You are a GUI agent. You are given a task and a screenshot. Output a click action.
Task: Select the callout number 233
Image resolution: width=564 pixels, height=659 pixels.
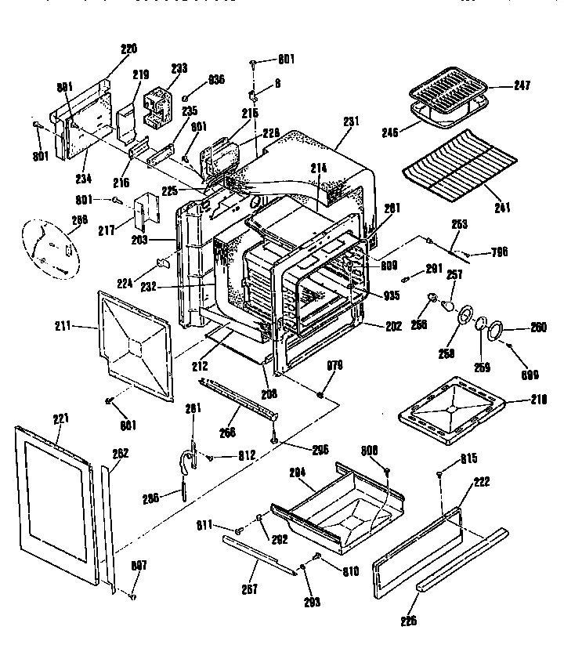(x=179, y=69)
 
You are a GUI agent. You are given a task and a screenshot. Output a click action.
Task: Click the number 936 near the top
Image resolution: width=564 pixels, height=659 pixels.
(x=215, y=79)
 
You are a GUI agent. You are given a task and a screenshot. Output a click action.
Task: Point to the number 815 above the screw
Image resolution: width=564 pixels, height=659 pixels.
(x=468, y=458)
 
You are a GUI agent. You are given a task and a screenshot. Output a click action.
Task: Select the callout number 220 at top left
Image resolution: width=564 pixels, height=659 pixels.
(x=128, y=49)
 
